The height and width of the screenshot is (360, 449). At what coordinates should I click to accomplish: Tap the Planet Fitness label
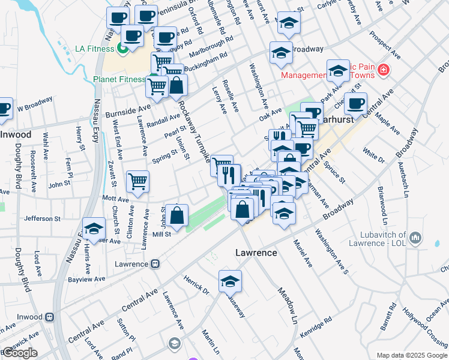tap(119, 79)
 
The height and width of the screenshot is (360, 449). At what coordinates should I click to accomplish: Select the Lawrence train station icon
tap(155, 263)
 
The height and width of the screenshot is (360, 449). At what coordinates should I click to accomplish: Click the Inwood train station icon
tap(50, 316)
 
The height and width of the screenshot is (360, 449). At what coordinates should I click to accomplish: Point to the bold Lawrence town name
tap(256, 253)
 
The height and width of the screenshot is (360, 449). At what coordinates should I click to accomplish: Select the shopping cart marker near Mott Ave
tap(138, 181)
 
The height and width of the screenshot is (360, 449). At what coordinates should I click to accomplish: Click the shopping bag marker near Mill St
tap(177, 215)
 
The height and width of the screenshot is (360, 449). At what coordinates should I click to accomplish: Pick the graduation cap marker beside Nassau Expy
tap(94, 229)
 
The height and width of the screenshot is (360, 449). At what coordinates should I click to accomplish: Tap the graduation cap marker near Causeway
tap(230, 281)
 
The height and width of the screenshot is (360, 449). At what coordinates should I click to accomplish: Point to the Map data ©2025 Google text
tap(411, 355)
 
